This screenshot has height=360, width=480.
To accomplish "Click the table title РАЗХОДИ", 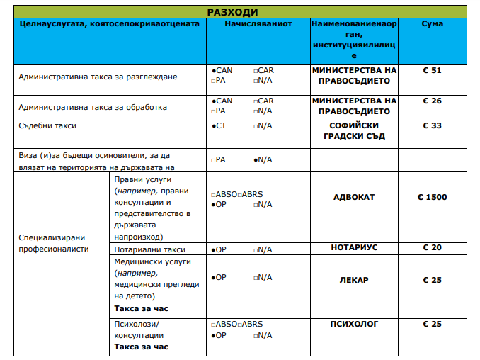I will pos(232,12).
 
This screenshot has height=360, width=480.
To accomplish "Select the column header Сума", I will pos(433,24).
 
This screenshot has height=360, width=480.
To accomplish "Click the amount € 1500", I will pos(432,197).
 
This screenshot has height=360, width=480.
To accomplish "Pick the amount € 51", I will pos(432,71).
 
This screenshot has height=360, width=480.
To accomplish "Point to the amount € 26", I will pos(432,101).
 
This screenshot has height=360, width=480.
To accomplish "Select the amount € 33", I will pos(432,125).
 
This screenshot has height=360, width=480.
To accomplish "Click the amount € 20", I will pos(432,248).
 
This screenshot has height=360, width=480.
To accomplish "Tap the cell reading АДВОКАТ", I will pos(354,197).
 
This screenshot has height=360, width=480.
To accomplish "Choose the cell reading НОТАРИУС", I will pos(354,248).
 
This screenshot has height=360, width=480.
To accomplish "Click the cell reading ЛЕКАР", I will pos(354,280).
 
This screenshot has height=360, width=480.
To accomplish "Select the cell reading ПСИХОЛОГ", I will pos(354,324).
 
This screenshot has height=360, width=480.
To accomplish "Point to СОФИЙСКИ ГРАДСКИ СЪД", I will pos(354,131).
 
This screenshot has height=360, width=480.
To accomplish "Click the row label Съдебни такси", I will pos(47,125).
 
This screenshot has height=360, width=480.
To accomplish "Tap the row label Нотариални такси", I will pos(149,249).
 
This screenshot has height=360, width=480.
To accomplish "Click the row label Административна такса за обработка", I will pos(93,108).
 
